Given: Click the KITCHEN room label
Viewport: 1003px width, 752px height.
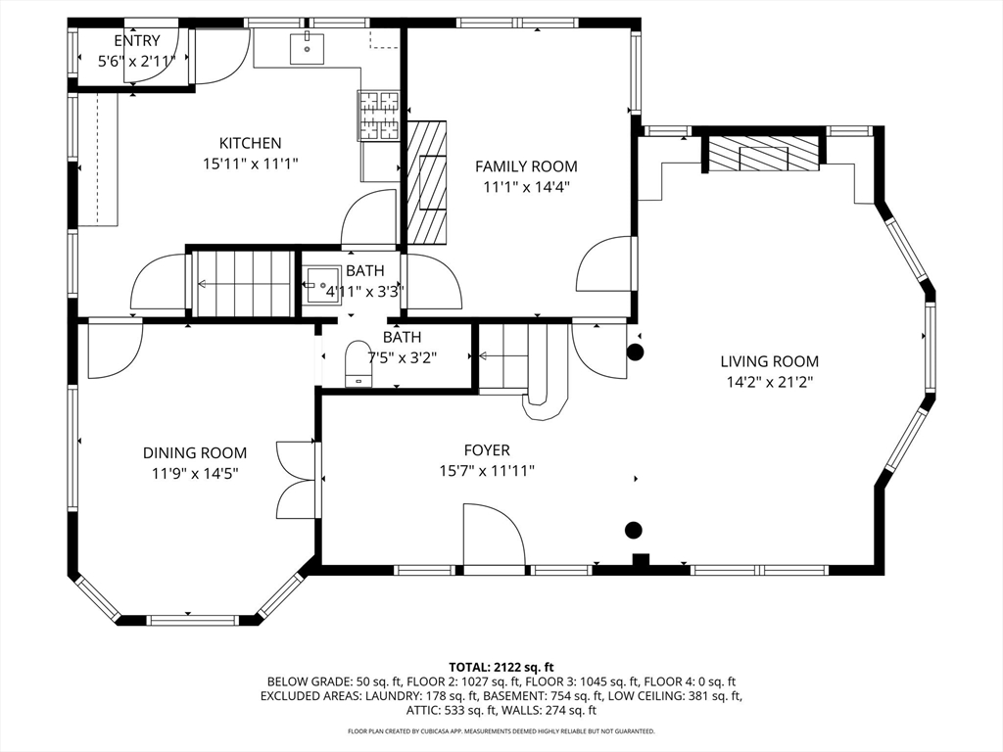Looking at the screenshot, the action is (x=250, y=143).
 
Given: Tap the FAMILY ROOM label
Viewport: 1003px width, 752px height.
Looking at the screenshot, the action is (x=526, y=166).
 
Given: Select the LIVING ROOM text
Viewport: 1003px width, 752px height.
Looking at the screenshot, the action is (x=770, y=362).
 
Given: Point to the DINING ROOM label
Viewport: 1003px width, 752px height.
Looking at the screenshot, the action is (x=195, y=453).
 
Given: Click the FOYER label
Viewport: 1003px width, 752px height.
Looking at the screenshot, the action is (x=487, y=450).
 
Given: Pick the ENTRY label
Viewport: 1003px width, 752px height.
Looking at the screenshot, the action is (x=137, y=41).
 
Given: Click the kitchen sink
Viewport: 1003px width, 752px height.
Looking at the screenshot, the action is (x=307, y=48).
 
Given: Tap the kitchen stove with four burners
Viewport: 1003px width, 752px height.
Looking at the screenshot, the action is (x=379, y=116).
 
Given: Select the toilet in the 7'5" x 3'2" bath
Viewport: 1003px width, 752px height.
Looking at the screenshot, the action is (x=358, y=364).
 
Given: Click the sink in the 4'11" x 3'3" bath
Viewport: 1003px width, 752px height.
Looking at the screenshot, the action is (x=318, y=285).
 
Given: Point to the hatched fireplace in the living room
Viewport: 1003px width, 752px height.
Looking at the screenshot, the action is (x=763, y=154).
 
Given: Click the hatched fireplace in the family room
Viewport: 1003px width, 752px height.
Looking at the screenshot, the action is (x=427, y=182).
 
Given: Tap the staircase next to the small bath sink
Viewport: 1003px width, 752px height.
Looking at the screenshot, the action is (x=243, y=284).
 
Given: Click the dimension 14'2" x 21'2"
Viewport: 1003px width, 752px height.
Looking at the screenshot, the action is (x=770, y=383).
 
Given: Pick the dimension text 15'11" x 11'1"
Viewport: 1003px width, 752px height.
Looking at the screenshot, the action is (x=250, y=164).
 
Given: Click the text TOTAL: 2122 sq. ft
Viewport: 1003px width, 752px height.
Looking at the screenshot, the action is (x=501, y=668).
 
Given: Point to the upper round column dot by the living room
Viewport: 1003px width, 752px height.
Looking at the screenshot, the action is (x=635, y=352).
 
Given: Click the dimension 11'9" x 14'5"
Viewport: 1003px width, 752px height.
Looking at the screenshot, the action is (x=195, y=474).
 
